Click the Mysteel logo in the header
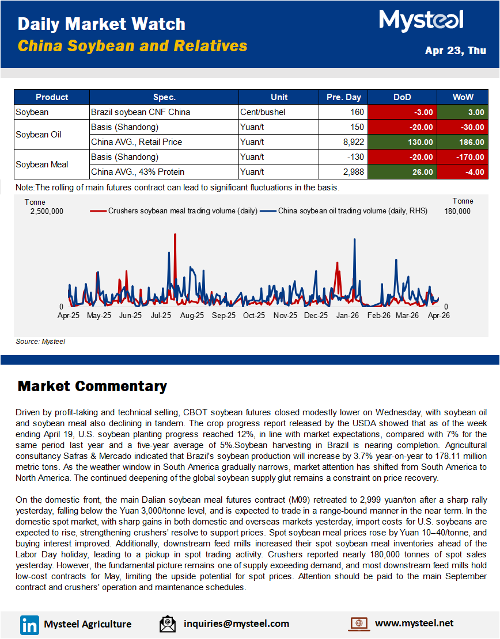click(421, 21)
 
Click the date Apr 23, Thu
click(455, 51)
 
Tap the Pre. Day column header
click(343, 97)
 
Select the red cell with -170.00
click(463, 157)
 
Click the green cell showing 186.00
click(463, 142)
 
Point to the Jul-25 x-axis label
click(161, 315)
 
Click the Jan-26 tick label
click(347, 315)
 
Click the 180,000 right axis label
click(457, 211)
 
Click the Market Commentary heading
click(92, 386)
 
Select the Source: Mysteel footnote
click(40, 342)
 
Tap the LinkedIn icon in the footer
click(29, 624)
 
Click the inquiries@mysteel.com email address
click(236, 623)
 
